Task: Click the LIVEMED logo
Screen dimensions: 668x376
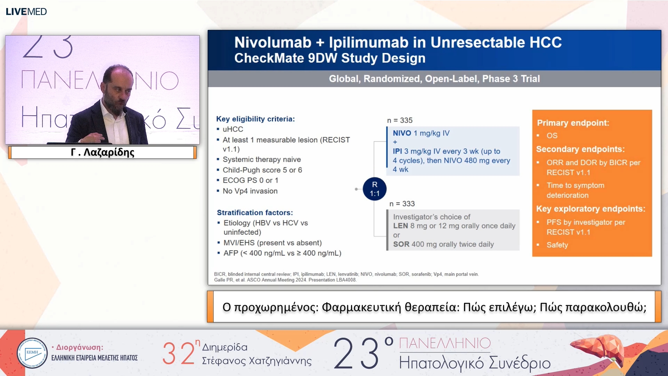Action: (x=26, y=12)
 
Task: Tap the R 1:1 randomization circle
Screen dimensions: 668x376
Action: (x=375, y=189)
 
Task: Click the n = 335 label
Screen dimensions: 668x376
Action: (x=400, y=120)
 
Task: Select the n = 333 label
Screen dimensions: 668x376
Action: (x=402, y=204)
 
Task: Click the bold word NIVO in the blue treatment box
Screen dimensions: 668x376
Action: (x=402, y=133)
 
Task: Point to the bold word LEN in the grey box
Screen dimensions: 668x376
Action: (x=400, y=226)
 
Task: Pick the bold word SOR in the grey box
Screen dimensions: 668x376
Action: (x=401, y=244)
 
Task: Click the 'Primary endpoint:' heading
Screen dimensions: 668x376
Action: (x=573, y=123)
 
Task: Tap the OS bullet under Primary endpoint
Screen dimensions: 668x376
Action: (x=552, y=135)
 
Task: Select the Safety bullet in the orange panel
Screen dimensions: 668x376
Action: (x=557, y=245)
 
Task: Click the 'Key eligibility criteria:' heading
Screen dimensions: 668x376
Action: (x=255, y=119)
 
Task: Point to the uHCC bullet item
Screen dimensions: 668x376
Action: (x=233, y=129)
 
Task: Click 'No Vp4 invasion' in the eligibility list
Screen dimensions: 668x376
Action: (x=250, y=191)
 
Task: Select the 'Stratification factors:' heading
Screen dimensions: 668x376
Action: (x=255, y=213)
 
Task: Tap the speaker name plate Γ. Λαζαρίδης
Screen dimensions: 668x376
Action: (x=102, y=152)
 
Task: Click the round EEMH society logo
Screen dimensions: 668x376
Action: (x=32, y=353)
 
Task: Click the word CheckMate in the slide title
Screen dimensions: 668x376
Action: (x=269, y=58)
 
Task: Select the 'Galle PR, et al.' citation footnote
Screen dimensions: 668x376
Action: (x=285, y=280)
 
